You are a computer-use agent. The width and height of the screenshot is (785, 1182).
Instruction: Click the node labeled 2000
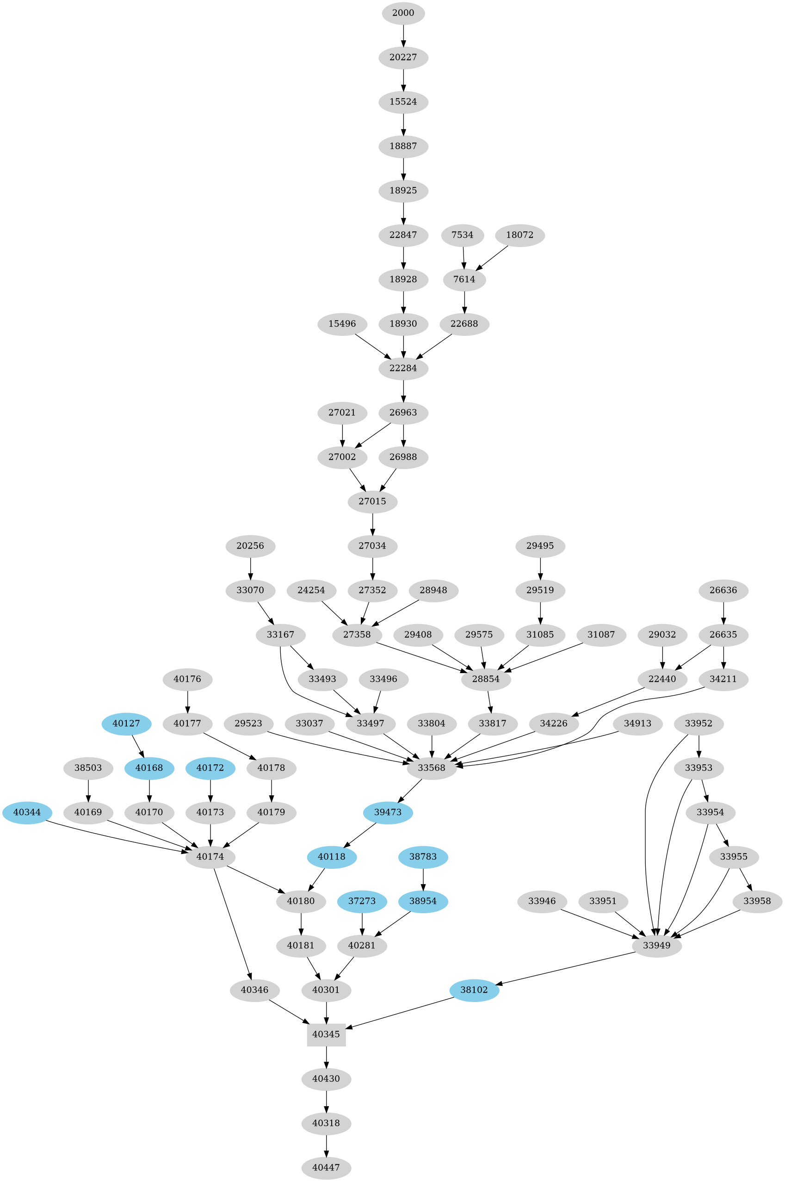point(403,13)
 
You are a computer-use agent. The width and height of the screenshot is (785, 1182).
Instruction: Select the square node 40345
point(327,1034)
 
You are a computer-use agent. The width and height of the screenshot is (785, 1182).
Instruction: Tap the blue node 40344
point(27,812)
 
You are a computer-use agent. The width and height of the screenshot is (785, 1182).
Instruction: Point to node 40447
point(327,1168)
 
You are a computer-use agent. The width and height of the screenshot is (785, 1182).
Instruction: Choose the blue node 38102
point(474,990)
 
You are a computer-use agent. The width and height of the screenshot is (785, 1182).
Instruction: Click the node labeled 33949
point(656,946)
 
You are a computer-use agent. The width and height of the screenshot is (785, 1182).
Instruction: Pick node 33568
point(432,768)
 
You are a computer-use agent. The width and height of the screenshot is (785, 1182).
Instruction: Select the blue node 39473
point(388,812)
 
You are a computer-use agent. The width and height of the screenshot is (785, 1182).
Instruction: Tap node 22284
point(403,368)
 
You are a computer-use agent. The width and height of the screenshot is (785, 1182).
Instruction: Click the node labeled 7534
point(462,235)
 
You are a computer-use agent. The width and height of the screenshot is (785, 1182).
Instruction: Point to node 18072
point(519,235)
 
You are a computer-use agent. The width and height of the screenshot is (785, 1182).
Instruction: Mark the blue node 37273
point(362,901)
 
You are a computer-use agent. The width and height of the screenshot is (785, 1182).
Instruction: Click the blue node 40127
point(126,724)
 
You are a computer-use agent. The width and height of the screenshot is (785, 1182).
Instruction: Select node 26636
point(723,590)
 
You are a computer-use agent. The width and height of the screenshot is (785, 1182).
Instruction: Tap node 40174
point(210,857)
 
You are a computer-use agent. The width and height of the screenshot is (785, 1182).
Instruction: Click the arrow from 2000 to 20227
point(403,35)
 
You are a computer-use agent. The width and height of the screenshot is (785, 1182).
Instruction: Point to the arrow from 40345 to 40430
point(327,1057)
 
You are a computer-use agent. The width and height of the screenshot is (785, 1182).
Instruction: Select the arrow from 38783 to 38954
point(424,879)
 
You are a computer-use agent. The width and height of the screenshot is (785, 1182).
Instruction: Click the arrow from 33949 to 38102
point(566,968)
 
